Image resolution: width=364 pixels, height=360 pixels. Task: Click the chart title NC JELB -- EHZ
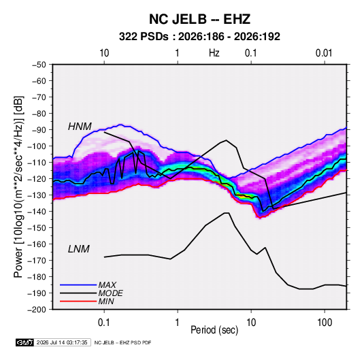click(x=199, y=19)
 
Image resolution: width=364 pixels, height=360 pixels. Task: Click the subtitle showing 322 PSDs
click(x=199, y=37)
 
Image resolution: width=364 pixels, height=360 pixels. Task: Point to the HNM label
click(x=80, y=127)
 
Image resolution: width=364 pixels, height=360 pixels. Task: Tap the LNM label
click(x=79, y=249)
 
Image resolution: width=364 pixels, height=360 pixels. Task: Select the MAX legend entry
click(x=107, y=284)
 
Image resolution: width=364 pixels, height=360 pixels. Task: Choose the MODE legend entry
click(x=110, y=293)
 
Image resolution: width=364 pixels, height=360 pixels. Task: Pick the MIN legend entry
click(x=106, y=301)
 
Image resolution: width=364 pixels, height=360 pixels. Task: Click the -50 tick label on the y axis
click(x=39, y=65)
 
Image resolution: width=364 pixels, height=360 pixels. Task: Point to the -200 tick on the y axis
click(x=37, y=310)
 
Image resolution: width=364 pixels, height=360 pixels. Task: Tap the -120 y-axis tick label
click(x=37, y=179)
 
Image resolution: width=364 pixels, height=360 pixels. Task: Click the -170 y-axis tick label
click(x=37, y=261)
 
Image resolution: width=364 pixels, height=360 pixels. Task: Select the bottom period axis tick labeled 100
click(x=325, y=323)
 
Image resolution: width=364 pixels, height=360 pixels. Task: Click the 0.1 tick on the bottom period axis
click(x=104, y=323)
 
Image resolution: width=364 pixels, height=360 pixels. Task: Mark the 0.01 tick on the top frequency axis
click(x=324, y=53)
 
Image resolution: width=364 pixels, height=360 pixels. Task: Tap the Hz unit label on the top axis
click(x=214, y=53)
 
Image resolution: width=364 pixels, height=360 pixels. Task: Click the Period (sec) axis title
click(x=214, y=330)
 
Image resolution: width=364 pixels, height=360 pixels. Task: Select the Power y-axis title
click(x=18, y=186)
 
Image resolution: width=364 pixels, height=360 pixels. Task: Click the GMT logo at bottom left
click(x=24, y=342)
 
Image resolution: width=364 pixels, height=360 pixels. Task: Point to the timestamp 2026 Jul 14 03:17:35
click(x=62, y=342)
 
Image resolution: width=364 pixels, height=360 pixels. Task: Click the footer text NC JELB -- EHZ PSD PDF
click(x=122, y=342)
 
